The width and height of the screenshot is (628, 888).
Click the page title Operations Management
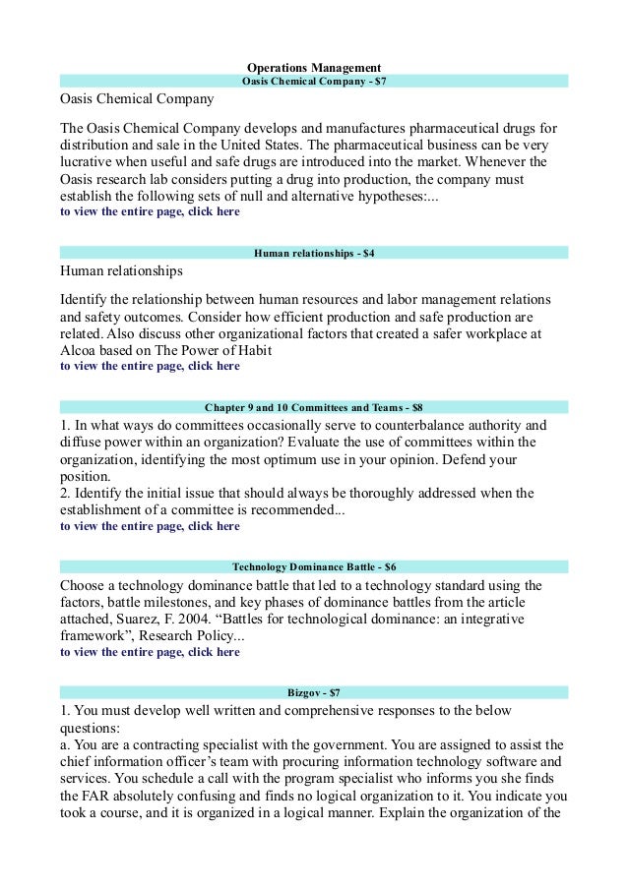click(314, 67)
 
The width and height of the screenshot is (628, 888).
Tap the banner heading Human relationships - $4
click(314, 253)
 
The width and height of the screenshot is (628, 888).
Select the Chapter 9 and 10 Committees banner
click(314, 406)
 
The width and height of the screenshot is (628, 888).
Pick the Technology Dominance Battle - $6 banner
click(314, 566)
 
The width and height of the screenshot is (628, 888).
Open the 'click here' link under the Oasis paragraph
click(213, 211)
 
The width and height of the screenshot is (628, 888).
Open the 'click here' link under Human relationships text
click(213, 366)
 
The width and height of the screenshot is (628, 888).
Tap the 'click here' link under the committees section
click(213, 526)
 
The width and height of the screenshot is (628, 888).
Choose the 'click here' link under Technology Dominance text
click(213, 651)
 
